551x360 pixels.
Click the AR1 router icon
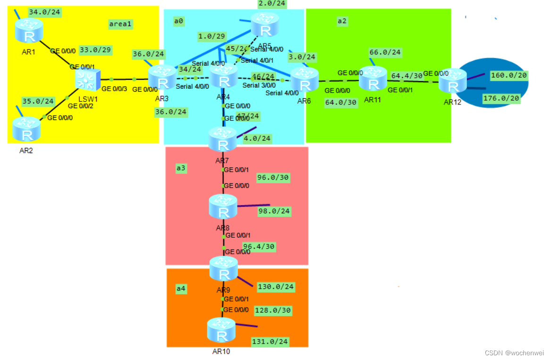29,31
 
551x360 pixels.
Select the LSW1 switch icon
87,81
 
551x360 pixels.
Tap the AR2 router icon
27,129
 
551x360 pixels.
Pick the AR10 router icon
221,330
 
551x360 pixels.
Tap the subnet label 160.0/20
509,76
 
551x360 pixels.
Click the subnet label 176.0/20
500,98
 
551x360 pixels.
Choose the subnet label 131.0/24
270,342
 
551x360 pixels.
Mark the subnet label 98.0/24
274,211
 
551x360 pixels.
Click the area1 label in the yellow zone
120,24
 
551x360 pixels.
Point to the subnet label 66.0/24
385,52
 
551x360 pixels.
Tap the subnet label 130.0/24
276,287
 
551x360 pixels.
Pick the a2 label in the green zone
342,21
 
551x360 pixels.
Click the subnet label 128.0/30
273,310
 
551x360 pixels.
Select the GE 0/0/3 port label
114,89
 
